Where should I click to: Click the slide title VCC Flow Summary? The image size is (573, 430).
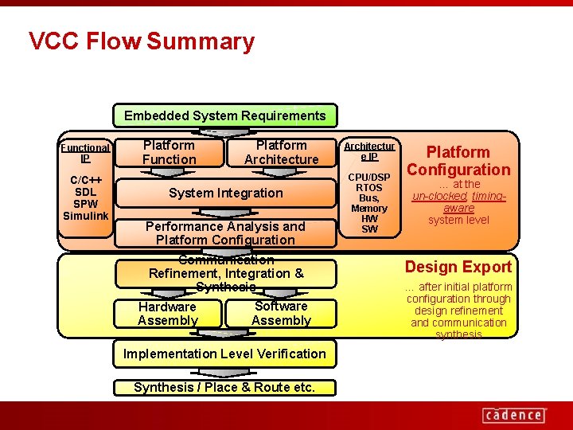pyautogui.click(x=142, y=41)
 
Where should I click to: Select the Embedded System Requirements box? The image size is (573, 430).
pyautogui.click(x=224, y=115)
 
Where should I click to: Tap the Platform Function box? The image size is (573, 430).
pyautogui.click(x=169, y=152)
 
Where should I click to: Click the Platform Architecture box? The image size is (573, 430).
pyautogui.click(x=281, y=152)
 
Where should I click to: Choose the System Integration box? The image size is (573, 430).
pyautogui.click(x=225, y=193)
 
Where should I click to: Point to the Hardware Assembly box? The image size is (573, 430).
pyautogui.click(x=167, y=313)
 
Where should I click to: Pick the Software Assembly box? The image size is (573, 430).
pyautogui.click(x=281, y=313)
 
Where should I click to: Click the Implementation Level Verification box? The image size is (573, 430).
pyautogui.click(x=224, y=354)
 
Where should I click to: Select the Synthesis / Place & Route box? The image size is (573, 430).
pyautogui.click(x=224, y=388)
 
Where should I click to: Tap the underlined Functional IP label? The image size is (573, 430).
pyautogui.click(x=85, y=152)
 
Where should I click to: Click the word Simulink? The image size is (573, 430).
pyautogui.click(x=85, y=216)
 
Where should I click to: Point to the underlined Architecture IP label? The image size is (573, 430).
pyautogui.click(x=369, y=151)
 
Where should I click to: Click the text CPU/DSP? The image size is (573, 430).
pyautogui.click(x=369, y=177)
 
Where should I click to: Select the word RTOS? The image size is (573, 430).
pyautogui.click(x=369, y=187)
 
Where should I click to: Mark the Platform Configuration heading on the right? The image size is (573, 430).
pyautogui.click(x=458, y=160)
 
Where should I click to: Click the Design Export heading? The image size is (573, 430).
pyautogui.click(x=458, y=267)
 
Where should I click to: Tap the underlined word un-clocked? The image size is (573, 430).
pyautogui.click(x=439, y=196)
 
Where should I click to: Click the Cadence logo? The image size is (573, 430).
pyautogui.click(x=513, y=414)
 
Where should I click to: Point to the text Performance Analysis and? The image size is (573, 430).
pyautogui.click(x=225, y=226)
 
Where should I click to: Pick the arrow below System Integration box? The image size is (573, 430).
pyautogui.click(x=225, y=212)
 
